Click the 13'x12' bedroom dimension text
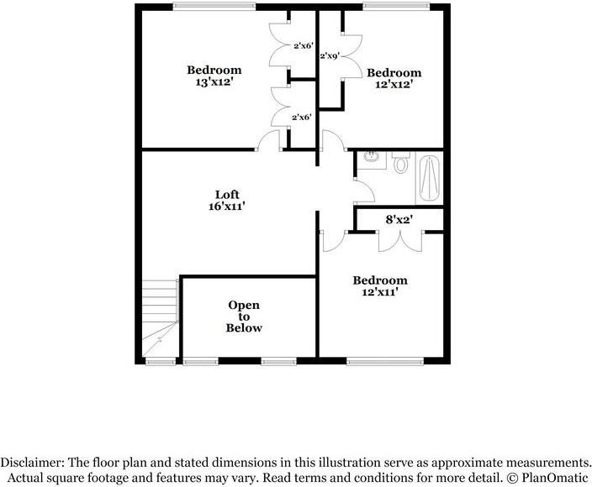point(214,82)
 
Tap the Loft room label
point(226,195)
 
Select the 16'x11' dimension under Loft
point(226,206)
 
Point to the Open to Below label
point(243,316)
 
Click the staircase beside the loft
point(160,319)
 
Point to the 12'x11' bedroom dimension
point(379,292)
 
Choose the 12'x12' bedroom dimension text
point(394,84)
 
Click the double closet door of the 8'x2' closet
point(399,240)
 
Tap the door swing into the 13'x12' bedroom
point(269,140)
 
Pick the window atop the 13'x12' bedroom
point(214,7)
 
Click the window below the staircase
point(159,362)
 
